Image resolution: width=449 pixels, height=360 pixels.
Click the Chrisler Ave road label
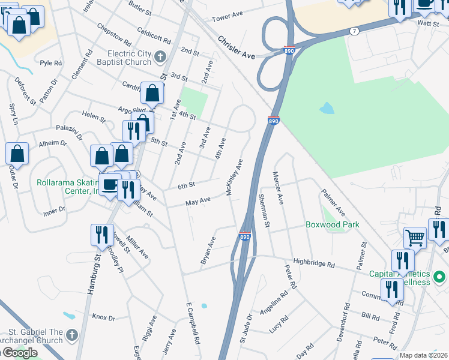[237, 47]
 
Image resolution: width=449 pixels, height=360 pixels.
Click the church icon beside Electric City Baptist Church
[160, 57]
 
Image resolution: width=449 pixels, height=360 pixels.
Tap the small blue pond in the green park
[327, 108]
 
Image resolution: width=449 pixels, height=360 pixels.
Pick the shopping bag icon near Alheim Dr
[17, 154]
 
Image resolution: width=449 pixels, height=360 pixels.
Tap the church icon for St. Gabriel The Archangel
[71, 334]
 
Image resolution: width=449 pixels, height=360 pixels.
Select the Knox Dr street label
[103, 317]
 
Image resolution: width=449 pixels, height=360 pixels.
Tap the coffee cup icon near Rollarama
[109, 184]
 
